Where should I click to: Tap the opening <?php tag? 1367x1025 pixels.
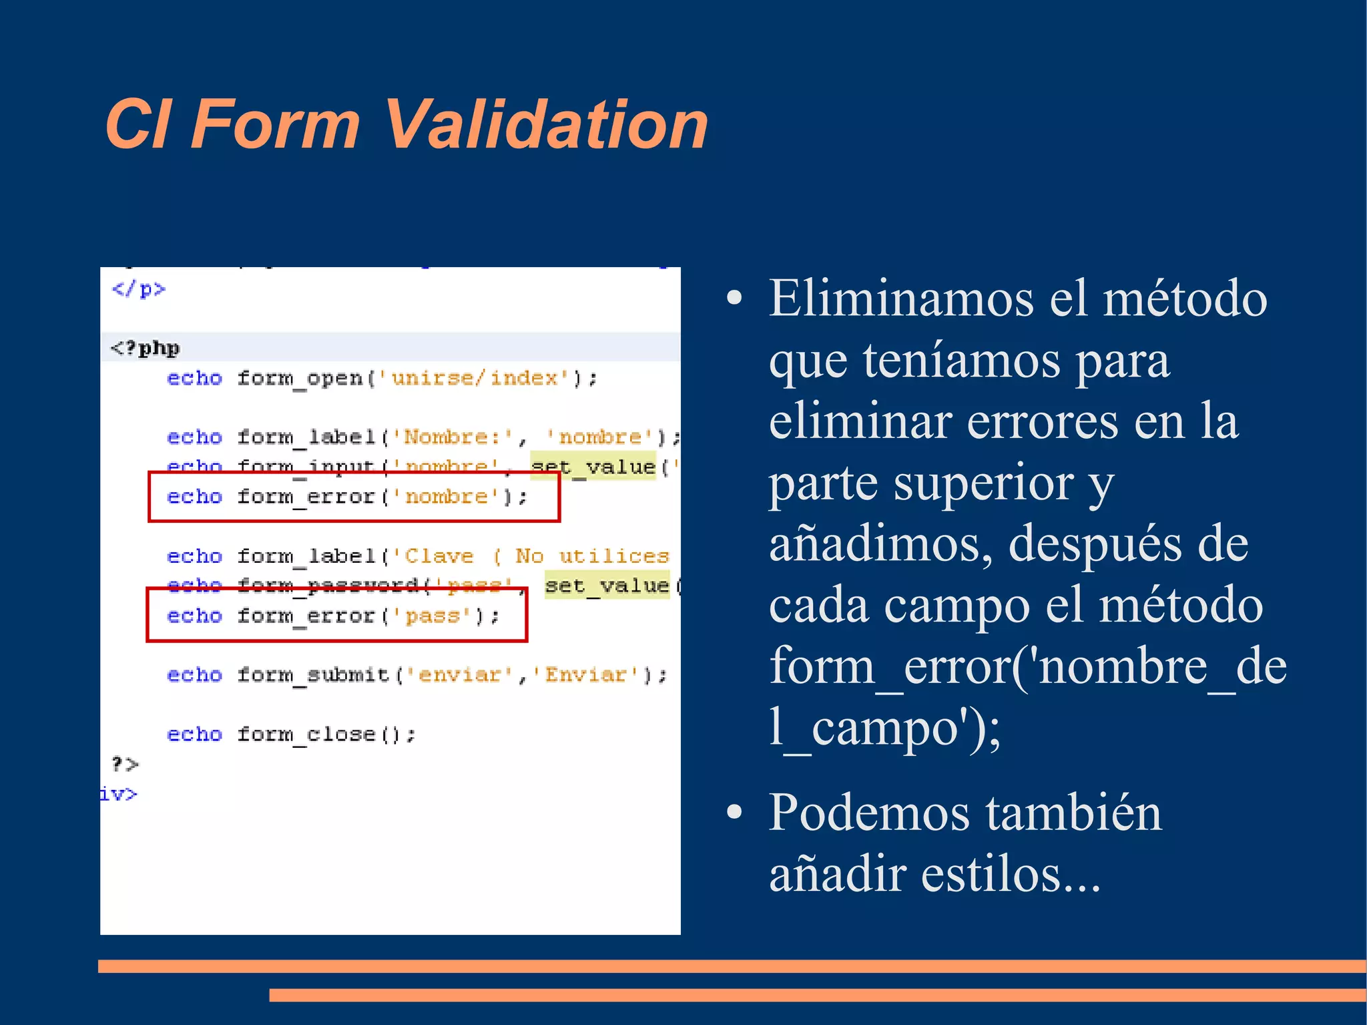[145, 348]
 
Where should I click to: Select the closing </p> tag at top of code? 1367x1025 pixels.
[138, 289]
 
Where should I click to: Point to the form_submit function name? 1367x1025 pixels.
[313, 674]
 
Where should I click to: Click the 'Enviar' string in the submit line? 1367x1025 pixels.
[585, 674]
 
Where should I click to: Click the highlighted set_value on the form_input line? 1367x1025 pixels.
[593, 466]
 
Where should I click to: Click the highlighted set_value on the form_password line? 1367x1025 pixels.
[606, 585]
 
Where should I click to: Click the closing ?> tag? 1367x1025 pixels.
[124, 763]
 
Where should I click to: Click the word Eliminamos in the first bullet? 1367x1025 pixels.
[900, 298]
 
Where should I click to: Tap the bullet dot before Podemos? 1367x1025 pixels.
[734, 813]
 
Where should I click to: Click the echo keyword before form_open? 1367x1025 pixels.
[194, 378]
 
